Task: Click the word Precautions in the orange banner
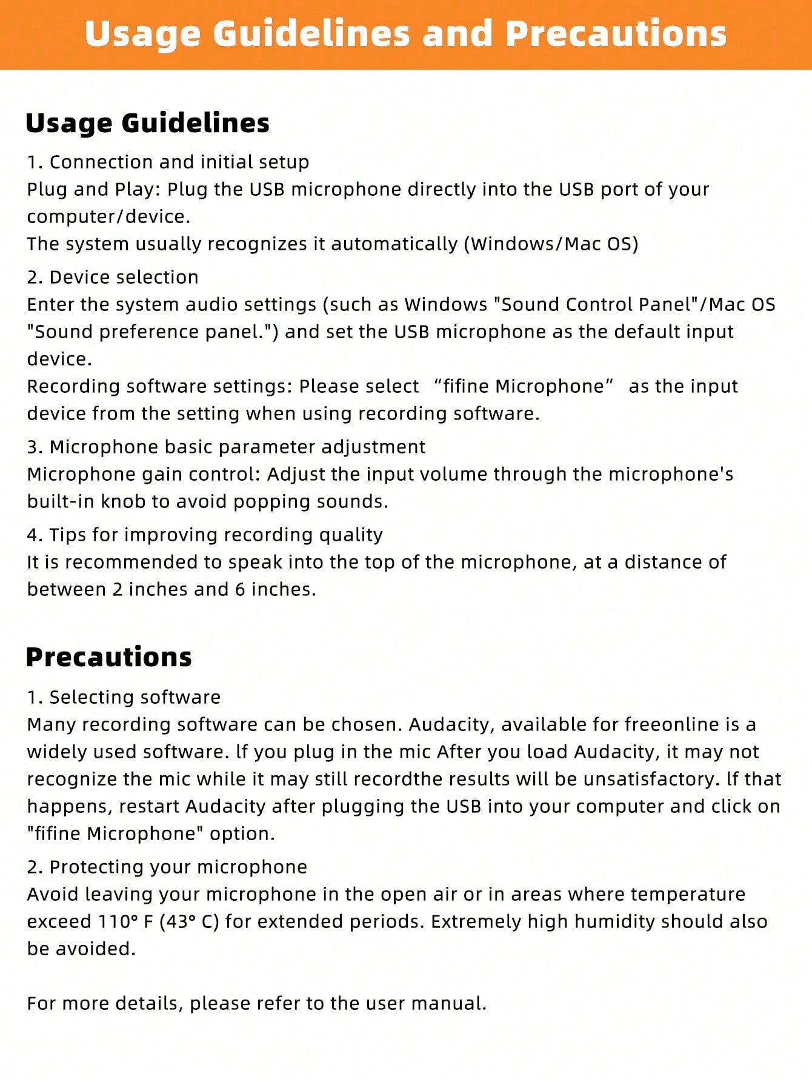pyautogui.click(x=616, y=33)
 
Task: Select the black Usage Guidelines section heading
pyautogui.click(x=147, y=123)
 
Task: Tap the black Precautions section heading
pyautogui.click(x=108, y=657)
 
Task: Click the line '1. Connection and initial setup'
pyautogui.click(x=168, y=162)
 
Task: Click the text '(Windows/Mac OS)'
pyautogui.click(x=551, y=244)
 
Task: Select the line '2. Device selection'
pyautogui.click(x=113, y=278)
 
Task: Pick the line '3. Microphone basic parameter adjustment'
pyautogui.click(x=226, y=447)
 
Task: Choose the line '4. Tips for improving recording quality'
pyautogui.click(x=205, y=535)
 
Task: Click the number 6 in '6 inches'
pyautogui.click(x=240, y=590)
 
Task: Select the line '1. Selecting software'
pyautogui.click(x=124, y=698)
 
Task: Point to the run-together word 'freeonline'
pyautogui.click(x=673, y=725)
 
